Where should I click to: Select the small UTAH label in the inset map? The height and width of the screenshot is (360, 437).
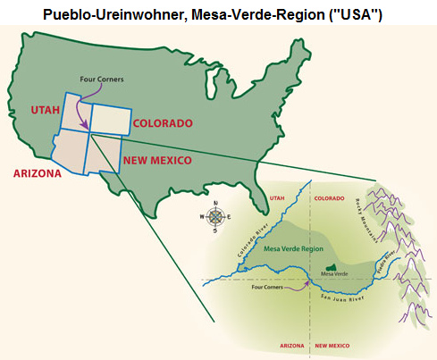click(277, 201)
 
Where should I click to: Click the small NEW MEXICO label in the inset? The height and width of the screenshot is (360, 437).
click(332, 344)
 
